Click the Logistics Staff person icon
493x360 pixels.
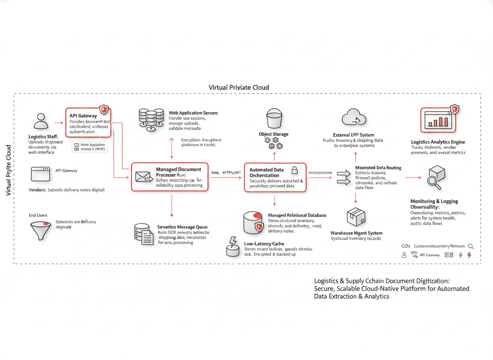(x=41, y=121)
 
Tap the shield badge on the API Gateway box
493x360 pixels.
(x=104, y=110)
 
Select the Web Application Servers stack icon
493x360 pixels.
(x=151, y=119)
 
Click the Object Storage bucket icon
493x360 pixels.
(x=274, y=118)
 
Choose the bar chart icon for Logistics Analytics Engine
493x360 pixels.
(x=437, y=120)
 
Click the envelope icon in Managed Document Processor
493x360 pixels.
(x=144, y=177)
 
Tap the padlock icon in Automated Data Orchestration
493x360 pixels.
(x=294, y=170)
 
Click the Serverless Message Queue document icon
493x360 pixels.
(x=144, y=234)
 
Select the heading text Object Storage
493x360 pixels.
(x=274, y=134)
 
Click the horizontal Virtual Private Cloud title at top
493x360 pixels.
(x=239, y=87)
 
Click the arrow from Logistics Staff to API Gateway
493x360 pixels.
(x=58, y=122)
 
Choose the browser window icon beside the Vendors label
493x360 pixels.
(x=40, y=174)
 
